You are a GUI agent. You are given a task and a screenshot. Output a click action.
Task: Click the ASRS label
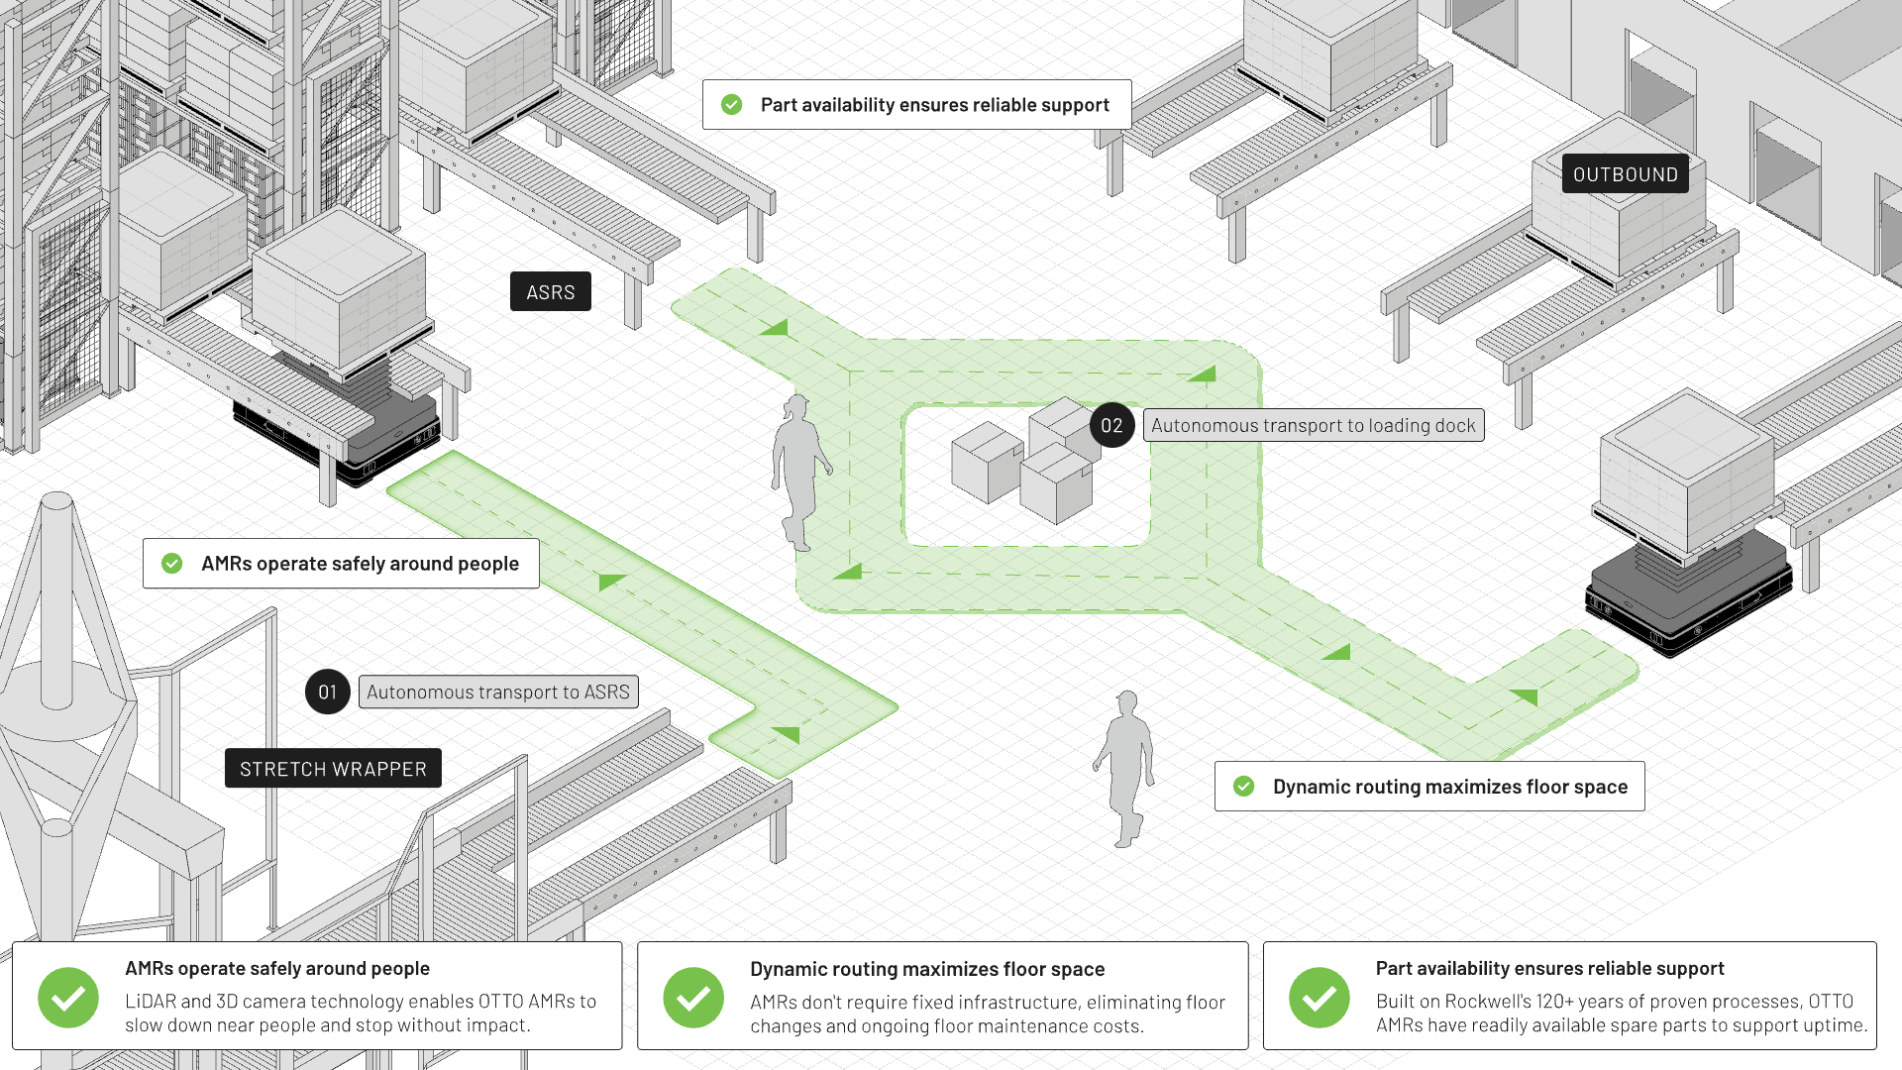[x=550, y=292]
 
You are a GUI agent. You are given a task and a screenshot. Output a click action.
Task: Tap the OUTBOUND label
[x=1625, y=174]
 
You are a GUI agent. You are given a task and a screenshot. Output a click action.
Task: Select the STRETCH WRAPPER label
[x=333, y=769]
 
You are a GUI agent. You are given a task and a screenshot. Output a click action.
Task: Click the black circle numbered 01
[x=328, y=693]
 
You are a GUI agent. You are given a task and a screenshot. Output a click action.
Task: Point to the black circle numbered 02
[x=1111, y=426]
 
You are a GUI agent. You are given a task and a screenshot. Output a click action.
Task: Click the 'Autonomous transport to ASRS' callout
[x=498, y=693]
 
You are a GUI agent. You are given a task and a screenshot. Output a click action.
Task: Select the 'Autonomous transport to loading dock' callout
[x=1314, y=426]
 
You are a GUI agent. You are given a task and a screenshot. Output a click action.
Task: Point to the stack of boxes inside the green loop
[x=1024, y=462]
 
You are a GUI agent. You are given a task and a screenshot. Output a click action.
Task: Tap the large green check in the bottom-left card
[x=68, y=997]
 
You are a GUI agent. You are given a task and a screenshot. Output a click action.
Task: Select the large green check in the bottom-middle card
[x=693, y=997]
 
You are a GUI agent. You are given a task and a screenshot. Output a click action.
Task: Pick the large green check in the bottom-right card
[x=1319, y=997]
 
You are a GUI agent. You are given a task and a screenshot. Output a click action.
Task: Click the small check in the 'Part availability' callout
[x=732, y=105]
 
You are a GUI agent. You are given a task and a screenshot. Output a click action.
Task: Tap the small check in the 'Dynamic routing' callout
[x=1244, y=787]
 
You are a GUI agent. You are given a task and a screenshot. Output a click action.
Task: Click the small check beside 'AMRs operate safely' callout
[x=172, y=564]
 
